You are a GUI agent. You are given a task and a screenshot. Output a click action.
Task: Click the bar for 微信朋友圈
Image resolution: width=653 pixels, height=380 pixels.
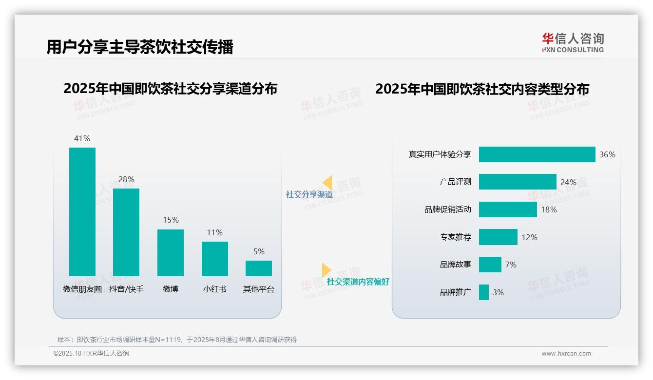[x=82, y=212]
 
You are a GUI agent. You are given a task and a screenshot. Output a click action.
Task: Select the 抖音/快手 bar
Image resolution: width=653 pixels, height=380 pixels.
[x=126, y=232]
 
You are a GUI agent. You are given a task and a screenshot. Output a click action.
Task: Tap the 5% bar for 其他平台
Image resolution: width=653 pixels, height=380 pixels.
[x=259, y=268]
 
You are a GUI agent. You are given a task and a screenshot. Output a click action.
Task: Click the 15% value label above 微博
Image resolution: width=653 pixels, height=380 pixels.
[x=171, y=220]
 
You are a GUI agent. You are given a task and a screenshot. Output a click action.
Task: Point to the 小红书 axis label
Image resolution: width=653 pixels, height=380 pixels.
[x=214, y=289]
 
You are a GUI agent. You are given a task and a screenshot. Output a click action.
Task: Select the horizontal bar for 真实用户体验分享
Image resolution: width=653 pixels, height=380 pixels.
[x=537, y=154]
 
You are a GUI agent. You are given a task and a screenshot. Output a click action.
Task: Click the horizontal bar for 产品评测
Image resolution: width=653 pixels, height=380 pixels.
[x=518, y=182]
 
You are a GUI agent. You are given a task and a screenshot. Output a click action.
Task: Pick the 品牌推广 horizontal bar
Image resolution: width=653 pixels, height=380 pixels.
[x=484, y=292]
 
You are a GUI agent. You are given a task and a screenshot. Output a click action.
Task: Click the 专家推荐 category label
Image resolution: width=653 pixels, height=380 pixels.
[x=455, y=237]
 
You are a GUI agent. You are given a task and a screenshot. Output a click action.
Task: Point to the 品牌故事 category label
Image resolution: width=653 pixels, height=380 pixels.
[x=455, y=265]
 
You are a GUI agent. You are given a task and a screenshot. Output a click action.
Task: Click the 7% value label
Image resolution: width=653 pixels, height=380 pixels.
[x=511, y=265]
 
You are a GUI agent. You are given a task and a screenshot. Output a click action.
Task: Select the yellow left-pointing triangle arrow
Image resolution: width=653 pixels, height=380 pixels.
[x=327, y=183]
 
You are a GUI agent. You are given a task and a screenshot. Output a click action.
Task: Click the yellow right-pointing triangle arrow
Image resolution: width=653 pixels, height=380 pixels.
[x=326, y=269]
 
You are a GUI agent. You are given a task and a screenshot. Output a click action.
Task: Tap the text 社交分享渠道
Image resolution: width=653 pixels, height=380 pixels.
[x=309, y=194]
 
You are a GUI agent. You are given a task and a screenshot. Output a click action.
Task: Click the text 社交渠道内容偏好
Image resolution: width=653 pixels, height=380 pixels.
[x=358, y=282]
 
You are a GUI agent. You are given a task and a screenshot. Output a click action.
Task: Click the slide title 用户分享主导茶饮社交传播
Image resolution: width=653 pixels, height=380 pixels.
[x=140, y=47]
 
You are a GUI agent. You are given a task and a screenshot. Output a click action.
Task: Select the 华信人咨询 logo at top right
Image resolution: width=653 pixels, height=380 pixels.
[x=573, y=42]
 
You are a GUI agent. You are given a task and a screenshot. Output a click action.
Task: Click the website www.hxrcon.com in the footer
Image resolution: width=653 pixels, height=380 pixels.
[x=566, y=354]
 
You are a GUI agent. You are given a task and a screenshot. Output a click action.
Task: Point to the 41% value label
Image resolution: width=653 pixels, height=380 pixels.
[x=82, y=138]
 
